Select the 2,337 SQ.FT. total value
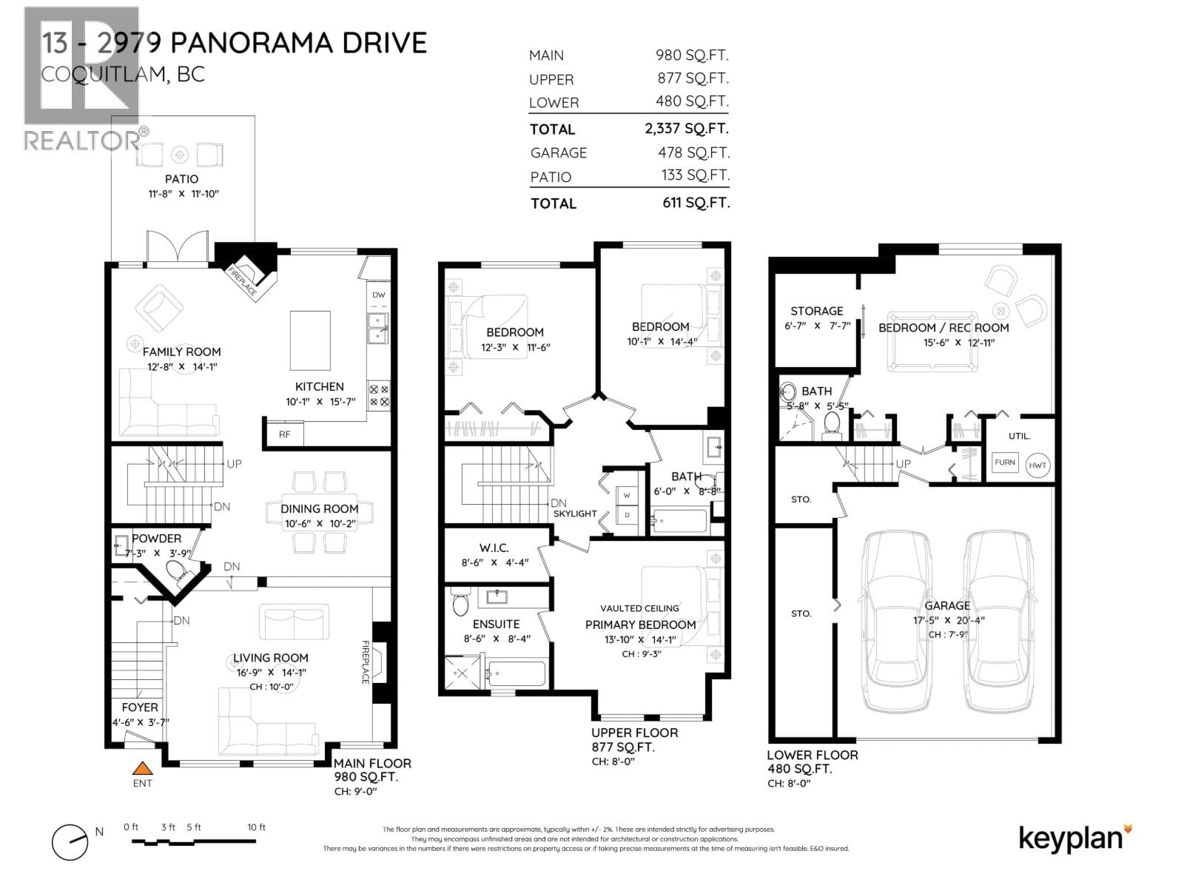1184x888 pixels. pos(686,128)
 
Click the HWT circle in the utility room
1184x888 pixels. pos(1037,465)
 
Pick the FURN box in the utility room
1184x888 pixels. pos(1004,462)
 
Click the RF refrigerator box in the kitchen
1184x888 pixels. pos(284,434)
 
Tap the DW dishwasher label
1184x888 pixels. pos(379,295)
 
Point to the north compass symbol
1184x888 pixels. pos(70,841)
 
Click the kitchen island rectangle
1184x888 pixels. pos(310,340)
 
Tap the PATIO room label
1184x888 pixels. pos(181,179)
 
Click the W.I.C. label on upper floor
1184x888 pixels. pos(494,548)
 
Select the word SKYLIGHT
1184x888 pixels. pos(575,514)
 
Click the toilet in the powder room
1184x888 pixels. pos(176,571)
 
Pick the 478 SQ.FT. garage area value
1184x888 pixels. pos(693,152)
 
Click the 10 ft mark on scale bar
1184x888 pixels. pos(256,827)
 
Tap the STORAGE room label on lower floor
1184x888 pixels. pos(816,311)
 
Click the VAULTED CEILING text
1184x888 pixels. pos(639,608)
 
